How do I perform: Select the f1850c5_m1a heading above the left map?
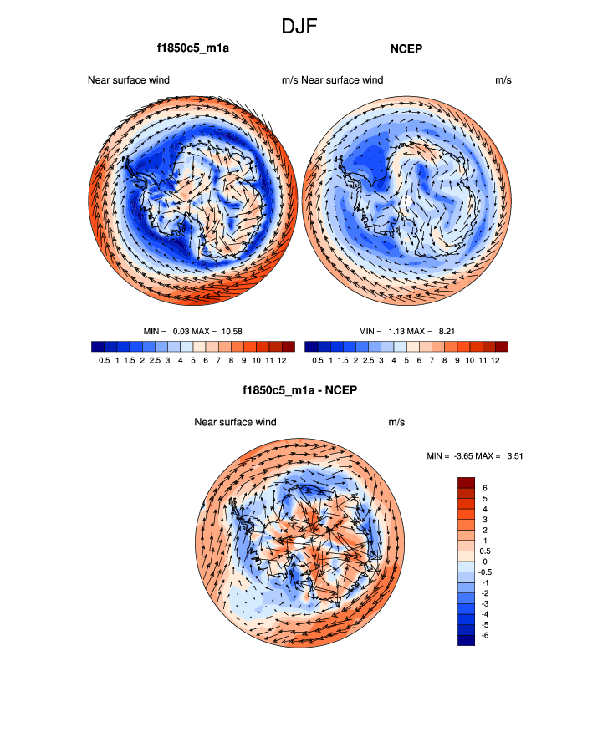pos(192,48)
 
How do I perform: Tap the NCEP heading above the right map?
pos(407,48)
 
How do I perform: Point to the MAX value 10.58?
pos(231,331)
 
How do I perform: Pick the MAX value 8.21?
pos(445,331)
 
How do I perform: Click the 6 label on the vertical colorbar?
pos(484,487)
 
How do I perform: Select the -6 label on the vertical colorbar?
pos(486,635)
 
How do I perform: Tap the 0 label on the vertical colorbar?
pos(484,562)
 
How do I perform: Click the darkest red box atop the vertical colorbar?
pos(466,482)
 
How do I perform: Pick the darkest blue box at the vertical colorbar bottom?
pos(466,640)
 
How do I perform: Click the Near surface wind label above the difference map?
pos(235,422)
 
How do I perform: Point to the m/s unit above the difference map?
pos(396,422)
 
